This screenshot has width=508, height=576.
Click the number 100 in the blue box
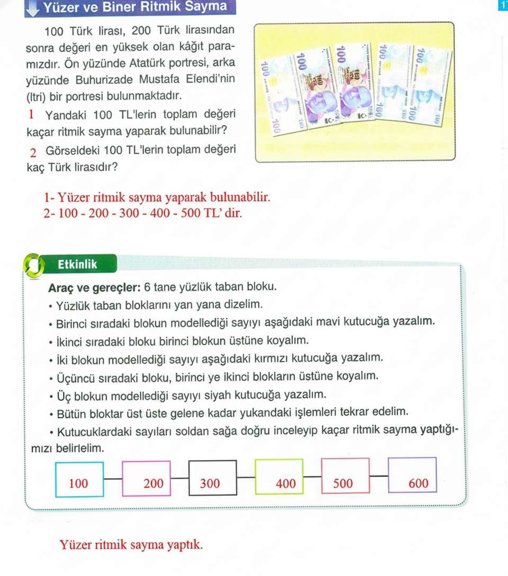(x=79, y=483)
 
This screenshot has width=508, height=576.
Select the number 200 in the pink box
(x=153, y=483)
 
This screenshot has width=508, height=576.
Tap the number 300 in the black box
(x=210, y=483)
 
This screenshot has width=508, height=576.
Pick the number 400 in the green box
(x=286, y=483)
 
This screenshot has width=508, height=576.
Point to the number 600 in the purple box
(x=419, y=483)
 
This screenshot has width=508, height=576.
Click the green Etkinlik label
(x=78, y=264)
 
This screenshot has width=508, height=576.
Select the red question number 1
(x=32, y=114)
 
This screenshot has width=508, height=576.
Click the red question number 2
(x=33, y=153)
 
